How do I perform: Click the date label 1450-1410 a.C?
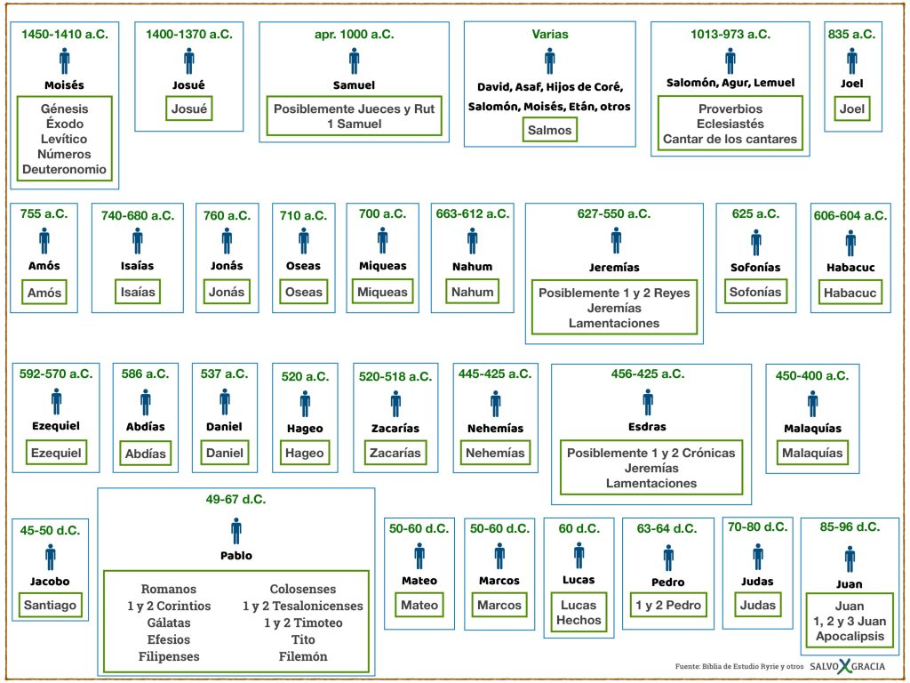click(64, 35)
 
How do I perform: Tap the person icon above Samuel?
click(354, 61)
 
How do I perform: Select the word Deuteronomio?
click(64, 169)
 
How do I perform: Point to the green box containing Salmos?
click(549, 130)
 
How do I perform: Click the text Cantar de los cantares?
click(730, 139)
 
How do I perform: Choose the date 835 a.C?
click(851, 35)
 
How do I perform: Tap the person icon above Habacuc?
click(850, 244)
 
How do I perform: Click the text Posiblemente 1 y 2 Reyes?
click(614, 293)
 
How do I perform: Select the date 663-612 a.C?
click(473, 213)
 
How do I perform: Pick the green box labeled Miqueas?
click(382, 292)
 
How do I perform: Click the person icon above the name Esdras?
click(648, 403)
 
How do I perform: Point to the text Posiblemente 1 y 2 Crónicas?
click(651, 453)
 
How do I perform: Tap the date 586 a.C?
click(145, 374)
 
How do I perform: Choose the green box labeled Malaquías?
click(812, 453)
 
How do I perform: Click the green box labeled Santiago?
click(50, 605)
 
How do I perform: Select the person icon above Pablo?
click(236, 531)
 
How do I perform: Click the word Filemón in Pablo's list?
click(303, 656)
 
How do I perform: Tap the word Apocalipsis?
click(850, 636)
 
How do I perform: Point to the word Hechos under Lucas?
click(579, 620)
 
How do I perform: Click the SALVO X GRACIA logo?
click(848, 666)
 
